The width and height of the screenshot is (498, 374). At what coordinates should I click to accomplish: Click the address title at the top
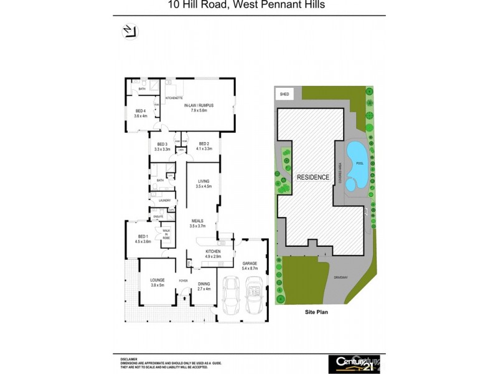click(x=246, y=6)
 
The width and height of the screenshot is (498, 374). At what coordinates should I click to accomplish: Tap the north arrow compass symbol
click(x=129, y=32)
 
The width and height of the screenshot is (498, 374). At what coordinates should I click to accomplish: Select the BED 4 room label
click(x=140, y=113)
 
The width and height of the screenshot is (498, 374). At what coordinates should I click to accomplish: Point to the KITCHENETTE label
click(x=174, y=98)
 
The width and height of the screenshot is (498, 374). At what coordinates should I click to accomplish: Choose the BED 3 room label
click(x=162, y=146)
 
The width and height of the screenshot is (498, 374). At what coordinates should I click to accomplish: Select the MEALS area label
click(x=198, y=223)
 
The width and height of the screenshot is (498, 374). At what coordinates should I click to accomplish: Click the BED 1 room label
click(x=143, y=239)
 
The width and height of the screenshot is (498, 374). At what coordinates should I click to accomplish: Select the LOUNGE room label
click(x=157, y=283)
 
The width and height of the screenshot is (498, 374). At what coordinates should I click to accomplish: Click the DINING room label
click(x=204, y=286)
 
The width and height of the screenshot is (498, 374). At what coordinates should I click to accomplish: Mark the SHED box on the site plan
click(x=285, y=93)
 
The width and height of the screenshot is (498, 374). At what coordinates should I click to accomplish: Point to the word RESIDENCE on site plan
click(x=312, y=177)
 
